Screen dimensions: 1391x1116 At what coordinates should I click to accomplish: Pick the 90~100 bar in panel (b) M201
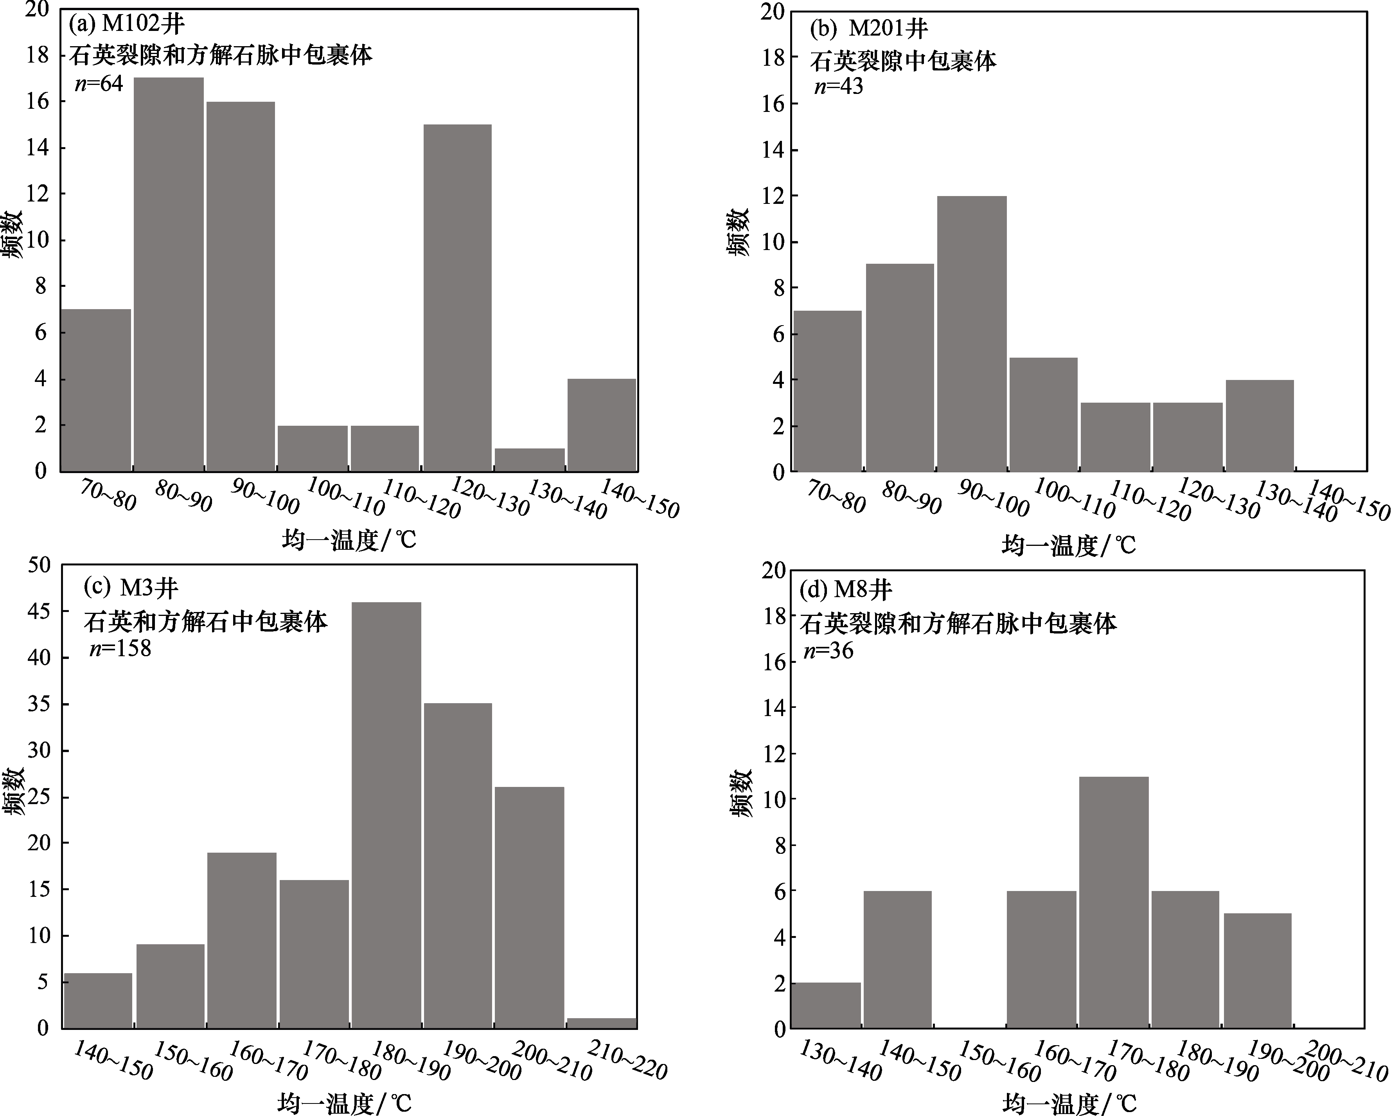click(972, 334)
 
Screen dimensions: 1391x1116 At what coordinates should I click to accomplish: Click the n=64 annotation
click(99, 83)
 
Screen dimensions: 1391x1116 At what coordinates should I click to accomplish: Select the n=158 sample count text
click(120, 647)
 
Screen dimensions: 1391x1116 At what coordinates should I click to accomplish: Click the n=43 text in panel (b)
click(838, 86)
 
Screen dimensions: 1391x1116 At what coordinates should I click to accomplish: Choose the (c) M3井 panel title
click(131, 587)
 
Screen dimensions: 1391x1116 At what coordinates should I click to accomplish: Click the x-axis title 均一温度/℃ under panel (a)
click(349, 540)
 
